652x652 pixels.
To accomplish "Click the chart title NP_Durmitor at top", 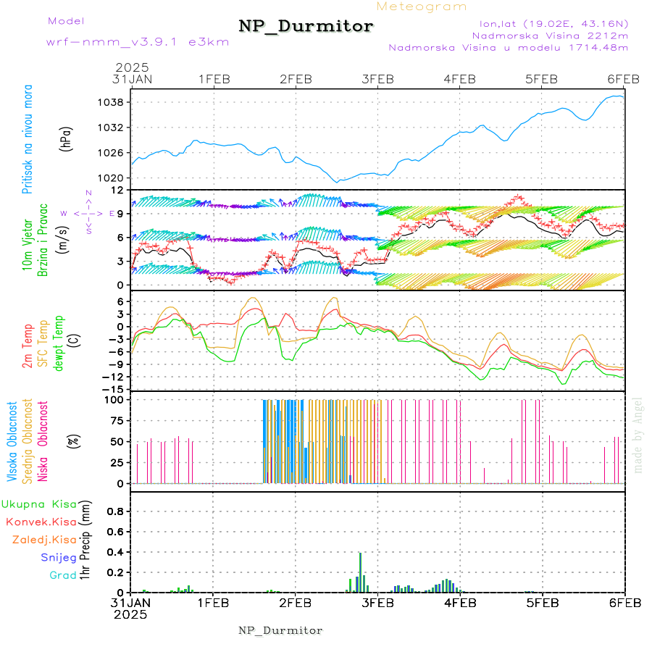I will pyautogui.click(x=306, y=27).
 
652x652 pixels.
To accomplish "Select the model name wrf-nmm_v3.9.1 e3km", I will pyautogui.click(x=138, y=42).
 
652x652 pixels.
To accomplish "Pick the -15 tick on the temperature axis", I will pyautogui.click(x=113, y=390).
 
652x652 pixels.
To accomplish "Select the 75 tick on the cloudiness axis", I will pyautogui.click(x=114, y=420).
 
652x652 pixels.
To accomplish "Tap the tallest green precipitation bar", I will pyautogui.click(x=360, y=572).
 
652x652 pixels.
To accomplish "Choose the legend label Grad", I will pyautogui.click(x=63, y=575).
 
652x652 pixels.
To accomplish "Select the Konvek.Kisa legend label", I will pyautogui.click(x=41, y=522).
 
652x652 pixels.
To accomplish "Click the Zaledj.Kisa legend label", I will pyautogui.click(x=44, y=540).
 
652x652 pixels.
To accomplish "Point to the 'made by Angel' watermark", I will pyautogui.click(x=638, y=435).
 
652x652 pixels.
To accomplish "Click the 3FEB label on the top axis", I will pyautogui.click(x=377, y=79).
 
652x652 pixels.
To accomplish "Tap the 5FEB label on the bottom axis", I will pyautogui.click(x=542, y=602).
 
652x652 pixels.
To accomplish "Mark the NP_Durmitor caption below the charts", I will pyautogui.click(x=280, y=630).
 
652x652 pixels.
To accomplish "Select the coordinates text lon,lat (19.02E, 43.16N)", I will pyautogui.click(x=548, y=22).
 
